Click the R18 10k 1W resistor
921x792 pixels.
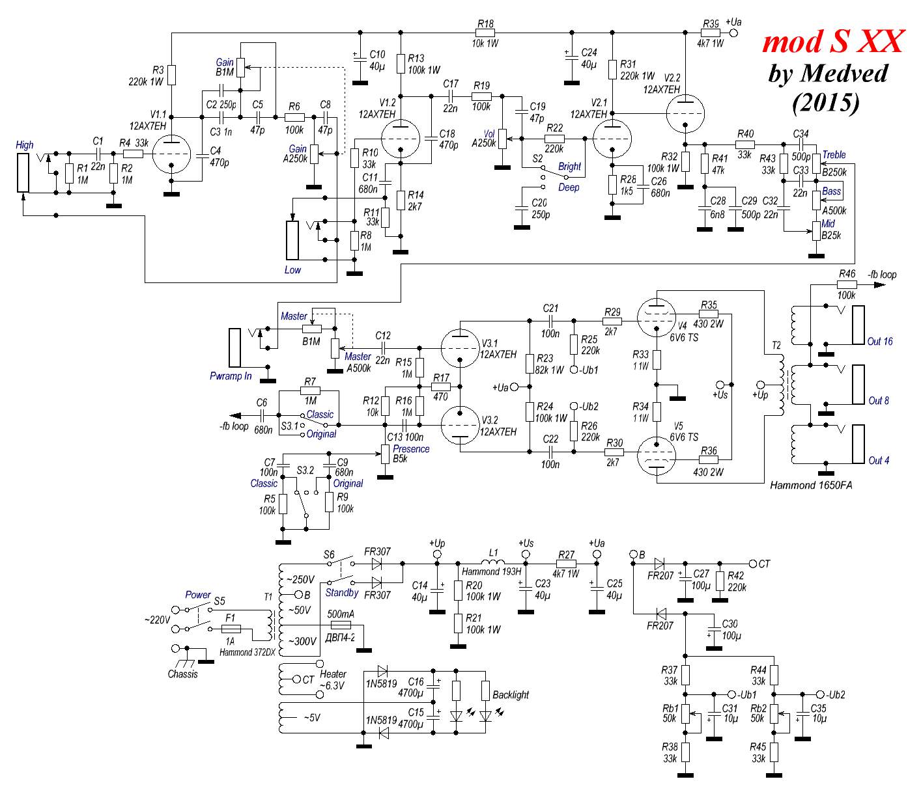click(485, 33)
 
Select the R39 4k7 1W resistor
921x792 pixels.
click(711, 33)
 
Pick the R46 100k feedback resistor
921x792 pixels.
click(846, 284)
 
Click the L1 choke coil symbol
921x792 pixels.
click(493, 562)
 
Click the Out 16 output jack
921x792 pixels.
click(859, 325)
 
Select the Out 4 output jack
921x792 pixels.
click(859, 444)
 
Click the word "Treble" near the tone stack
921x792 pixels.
click(834, 155)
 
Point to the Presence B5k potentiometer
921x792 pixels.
click(386, 454)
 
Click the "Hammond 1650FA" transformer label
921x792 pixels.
click(810, 485)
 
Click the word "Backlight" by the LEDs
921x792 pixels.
click(511, 695)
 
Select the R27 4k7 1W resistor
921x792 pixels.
click(566, 562)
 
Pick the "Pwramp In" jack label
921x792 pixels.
click(231, 376)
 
